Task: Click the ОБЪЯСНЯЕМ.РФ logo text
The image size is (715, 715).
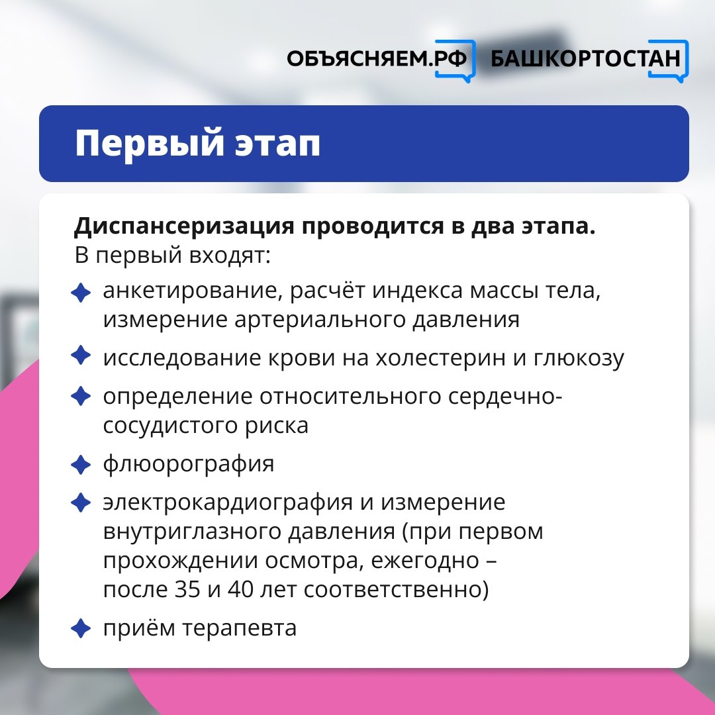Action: coord(377,59)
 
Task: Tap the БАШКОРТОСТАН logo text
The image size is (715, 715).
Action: coord(585,59)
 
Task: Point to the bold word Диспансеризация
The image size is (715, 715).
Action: coord(184,226)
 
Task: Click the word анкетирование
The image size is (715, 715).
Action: coord(190,291)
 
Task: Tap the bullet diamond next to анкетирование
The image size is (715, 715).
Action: coord(81,293)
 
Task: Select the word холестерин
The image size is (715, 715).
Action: coord(440,358)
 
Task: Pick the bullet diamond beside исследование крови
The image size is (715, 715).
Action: coord(81,356)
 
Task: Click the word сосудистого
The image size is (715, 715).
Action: coord(170,426)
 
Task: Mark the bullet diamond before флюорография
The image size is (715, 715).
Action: coord(81,465)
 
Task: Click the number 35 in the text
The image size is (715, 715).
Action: coord(187,590)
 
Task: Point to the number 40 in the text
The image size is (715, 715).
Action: coord(241,590)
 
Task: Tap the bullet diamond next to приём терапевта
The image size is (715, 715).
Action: coord(81,628)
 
